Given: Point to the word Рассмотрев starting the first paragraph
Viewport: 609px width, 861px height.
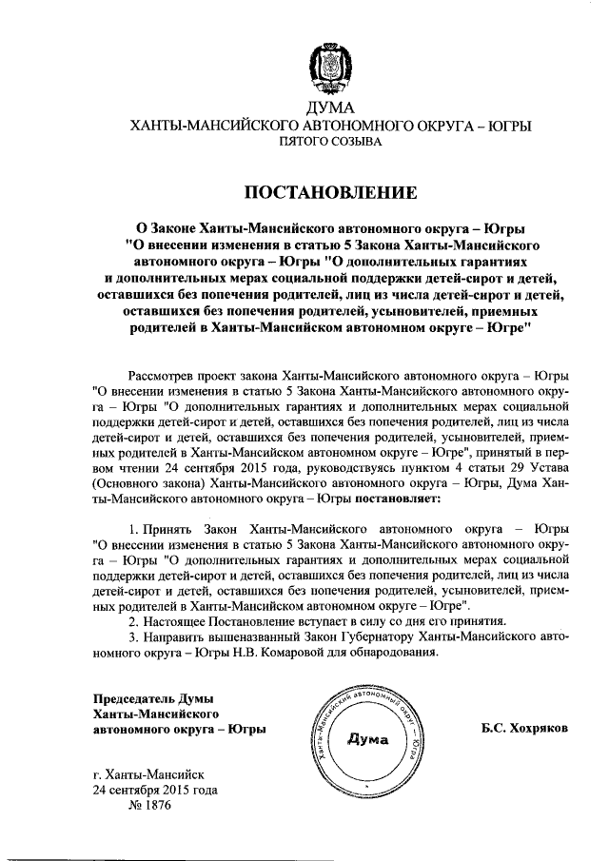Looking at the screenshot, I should click(161, 375).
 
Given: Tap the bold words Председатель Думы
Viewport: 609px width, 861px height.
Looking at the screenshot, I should click(153, 698).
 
